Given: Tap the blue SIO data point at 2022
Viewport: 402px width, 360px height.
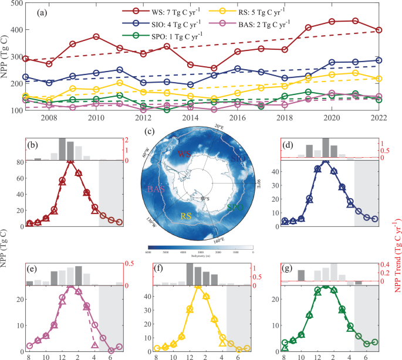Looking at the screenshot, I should (x=379, y=60).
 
